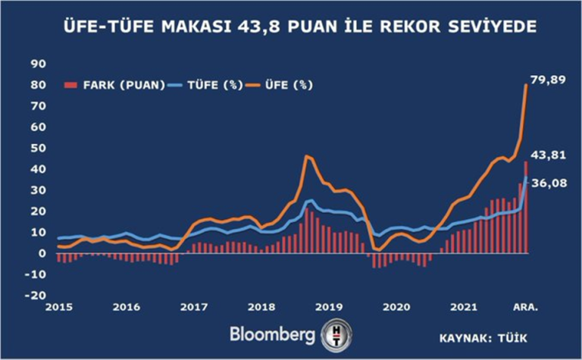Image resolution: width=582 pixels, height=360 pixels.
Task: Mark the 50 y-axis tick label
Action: click(39, 148)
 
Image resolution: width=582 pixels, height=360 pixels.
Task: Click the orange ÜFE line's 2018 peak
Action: click(306, 156)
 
